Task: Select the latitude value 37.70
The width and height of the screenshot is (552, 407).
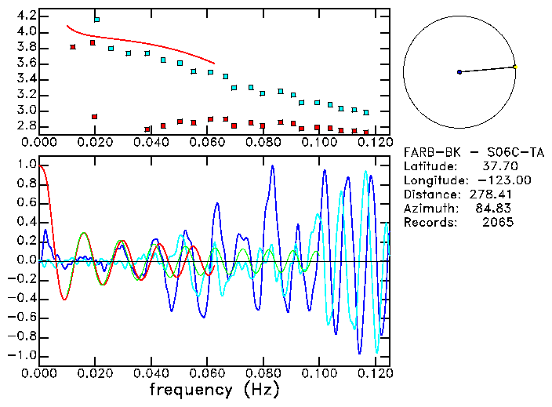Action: pyautogui.click(x=498, y=166)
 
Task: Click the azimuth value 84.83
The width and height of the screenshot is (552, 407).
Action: pyautogui.click(x=498, y=209)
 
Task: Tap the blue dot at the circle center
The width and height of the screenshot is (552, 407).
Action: pyautogui.click(x=459, y=72)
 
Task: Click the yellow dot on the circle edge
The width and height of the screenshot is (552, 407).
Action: pyautogui.click(x=514, y=67)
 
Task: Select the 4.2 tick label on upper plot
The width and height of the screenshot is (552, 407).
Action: pyautogui.click(x=26, y=16)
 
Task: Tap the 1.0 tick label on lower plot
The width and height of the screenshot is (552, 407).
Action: pyautogui.click(x=26, y=165)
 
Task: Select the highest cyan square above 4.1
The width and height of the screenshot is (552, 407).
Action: pyautogui.click(x=96, y=19)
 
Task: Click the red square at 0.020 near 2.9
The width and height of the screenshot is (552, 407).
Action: pyautogui.click(x=94, y=117)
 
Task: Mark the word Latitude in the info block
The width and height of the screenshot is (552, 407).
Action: pyautogui.click(x=429, y=166)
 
